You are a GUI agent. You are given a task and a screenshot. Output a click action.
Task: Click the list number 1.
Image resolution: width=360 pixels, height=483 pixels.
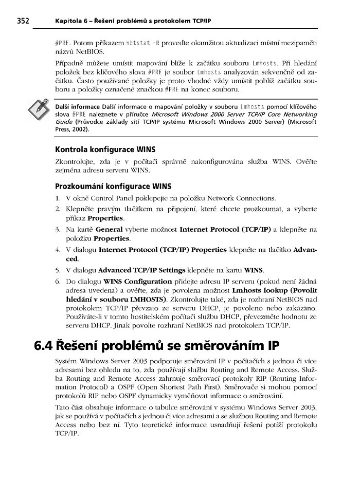click(58, 198)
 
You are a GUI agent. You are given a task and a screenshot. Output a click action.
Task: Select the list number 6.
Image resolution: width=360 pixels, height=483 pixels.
click(58, 281)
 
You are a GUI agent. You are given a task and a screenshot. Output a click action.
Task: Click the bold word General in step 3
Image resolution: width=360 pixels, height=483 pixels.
click(109, 229)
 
